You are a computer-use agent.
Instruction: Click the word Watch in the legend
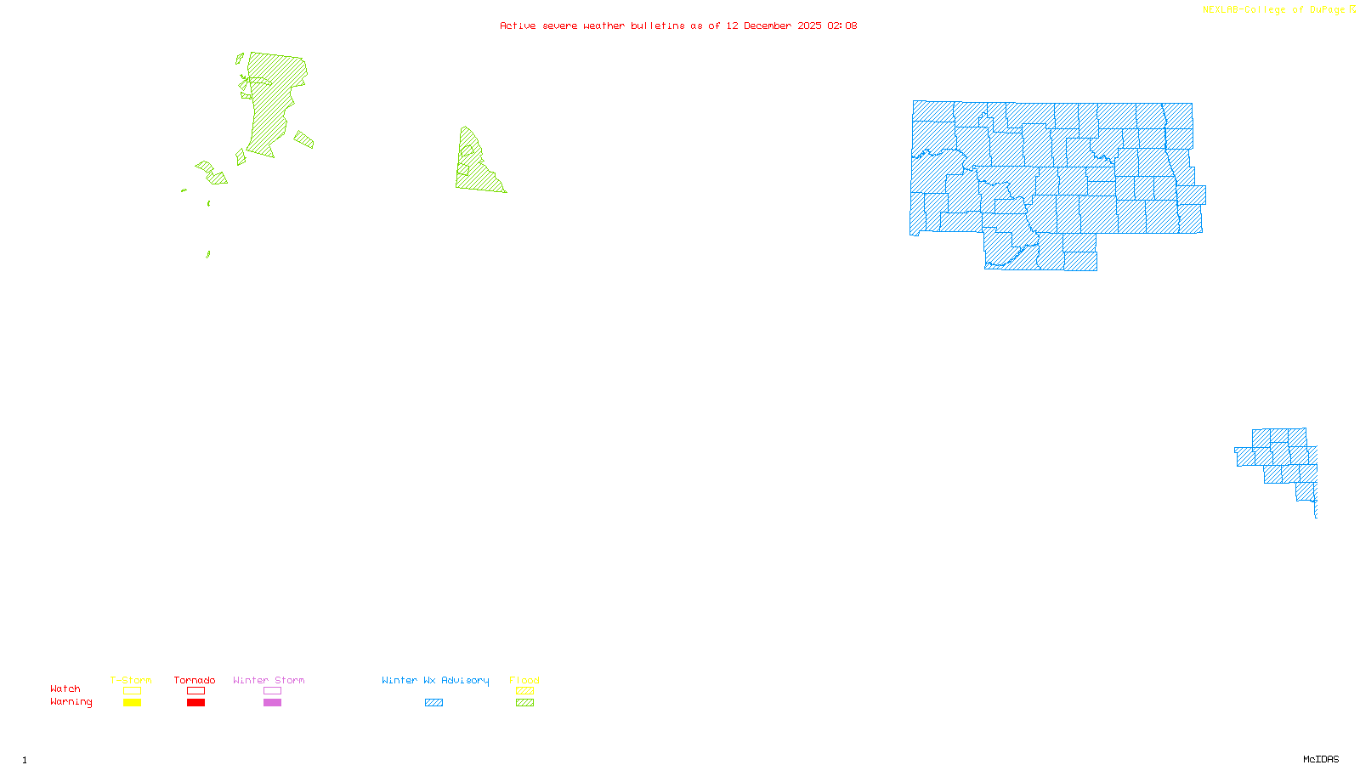[65, 688]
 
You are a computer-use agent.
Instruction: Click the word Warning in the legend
[71, 702]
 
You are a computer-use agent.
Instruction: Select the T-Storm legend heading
[131, 680]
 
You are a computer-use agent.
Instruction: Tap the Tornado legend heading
[195, 680]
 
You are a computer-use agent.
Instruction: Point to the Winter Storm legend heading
[269, 680]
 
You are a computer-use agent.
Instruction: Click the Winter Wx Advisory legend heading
[435, 680]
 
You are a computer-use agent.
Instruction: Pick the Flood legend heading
[524, 680]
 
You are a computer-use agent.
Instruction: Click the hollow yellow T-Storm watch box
[132, 691]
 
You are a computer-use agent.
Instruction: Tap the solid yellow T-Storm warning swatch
[132, 703]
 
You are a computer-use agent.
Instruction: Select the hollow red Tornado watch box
[195, 691]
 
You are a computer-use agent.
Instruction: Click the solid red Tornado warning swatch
[195, 703]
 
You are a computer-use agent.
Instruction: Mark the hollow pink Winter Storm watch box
[272, 691]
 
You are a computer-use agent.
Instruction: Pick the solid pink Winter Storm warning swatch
[272, 703]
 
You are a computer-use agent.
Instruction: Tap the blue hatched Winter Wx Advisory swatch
[433, 703]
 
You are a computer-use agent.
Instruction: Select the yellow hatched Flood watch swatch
[524, 691]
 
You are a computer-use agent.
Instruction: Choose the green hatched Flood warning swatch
[524, 703]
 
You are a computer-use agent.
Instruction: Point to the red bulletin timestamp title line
[678, 25]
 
